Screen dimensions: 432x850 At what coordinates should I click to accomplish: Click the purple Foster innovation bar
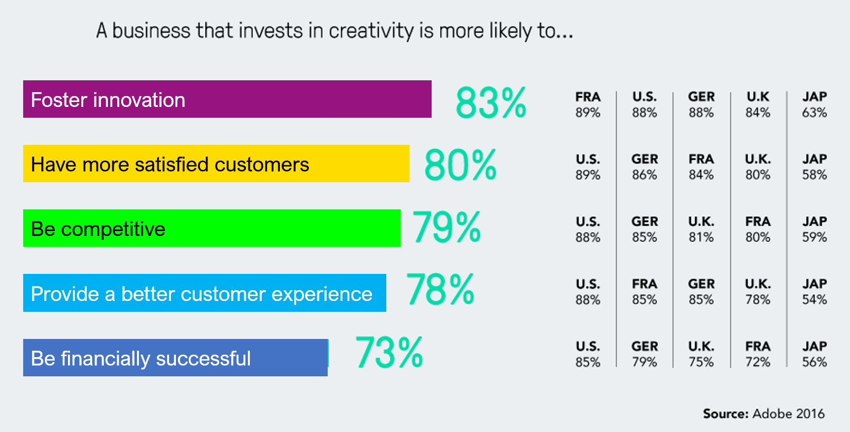point(227,99)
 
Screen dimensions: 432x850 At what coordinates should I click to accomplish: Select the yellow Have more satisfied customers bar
point(216,164)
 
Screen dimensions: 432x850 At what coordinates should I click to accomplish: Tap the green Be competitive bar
point(211,228)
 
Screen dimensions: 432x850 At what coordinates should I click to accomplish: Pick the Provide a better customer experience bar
point(204,293)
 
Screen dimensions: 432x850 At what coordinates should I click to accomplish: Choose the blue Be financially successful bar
point(175,358)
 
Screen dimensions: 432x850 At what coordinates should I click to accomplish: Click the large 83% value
point(491,103)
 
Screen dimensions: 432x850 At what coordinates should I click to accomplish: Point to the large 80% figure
point(460,165)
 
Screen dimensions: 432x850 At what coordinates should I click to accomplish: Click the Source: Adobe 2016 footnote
point(763,414)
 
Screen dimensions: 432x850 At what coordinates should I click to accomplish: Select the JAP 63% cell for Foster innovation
point(814,104)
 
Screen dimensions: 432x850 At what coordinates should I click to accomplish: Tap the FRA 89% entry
point(588,104)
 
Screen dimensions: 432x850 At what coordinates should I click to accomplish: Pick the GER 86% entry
point(645,167)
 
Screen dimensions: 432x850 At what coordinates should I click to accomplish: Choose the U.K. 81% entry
point(701,230)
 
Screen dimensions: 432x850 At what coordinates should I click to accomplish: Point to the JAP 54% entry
point(814,292)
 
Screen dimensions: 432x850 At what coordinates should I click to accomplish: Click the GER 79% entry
point(645,354)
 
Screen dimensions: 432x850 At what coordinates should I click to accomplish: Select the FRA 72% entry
point(757,354)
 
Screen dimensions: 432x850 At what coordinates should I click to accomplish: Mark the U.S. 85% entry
point(588,354)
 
